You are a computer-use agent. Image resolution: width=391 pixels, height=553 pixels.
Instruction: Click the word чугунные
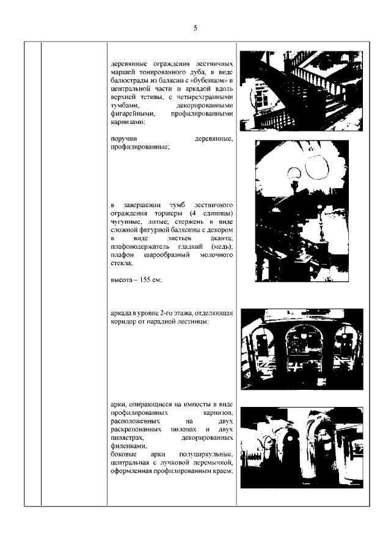point(126,221)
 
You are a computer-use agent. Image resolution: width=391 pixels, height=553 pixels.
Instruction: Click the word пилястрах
point(128,439)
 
